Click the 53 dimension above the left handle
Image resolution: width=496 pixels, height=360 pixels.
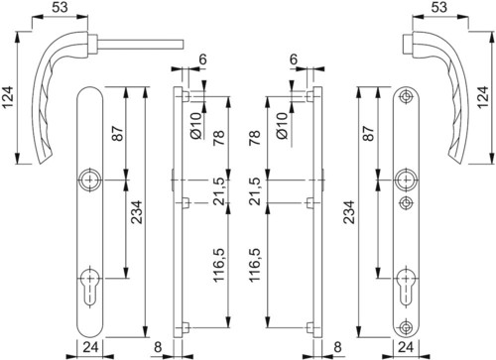point(60,7)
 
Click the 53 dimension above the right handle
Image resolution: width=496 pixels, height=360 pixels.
point(439,7)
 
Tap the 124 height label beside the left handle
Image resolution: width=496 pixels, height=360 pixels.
point(7,97)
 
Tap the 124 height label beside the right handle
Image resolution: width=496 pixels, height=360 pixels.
point(483,97)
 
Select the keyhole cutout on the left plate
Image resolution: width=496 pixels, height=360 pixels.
point(88,286)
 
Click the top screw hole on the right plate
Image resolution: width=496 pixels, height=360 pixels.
point(406,96)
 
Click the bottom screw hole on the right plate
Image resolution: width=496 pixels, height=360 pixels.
point(406,327)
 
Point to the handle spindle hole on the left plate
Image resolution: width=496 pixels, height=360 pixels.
point(88,180)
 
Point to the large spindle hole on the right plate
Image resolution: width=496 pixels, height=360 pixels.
point(406,180)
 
